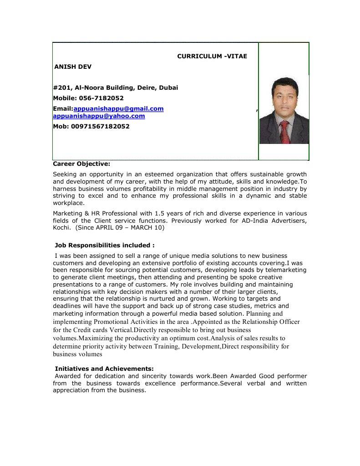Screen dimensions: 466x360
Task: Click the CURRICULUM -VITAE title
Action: [x=212, y=56]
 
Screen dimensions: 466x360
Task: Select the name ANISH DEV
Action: [x=73, y=67]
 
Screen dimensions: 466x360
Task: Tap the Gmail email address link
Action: [x=118, y=108]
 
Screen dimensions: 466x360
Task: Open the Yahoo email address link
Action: [x=99, y=116]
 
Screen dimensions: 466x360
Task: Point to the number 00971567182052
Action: [x=100, y=126]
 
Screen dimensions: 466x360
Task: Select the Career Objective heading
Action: [x=81, y=163]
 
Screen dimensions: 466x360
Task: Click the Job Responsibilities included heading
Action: [x=105, y=245]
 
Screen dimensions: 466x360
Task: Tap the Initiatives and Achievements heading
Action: [x=104, y=368]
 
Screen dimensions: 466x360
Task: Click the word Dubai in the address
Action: [x=168, y=87]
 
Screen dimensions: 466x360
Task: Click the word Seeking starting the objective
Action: [x=65, y=174]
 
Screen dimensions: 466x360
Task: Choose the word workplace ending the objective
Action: [x=68, y=203]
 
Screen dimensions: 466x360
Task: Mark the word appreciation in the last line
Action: [x=71, y=390]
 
